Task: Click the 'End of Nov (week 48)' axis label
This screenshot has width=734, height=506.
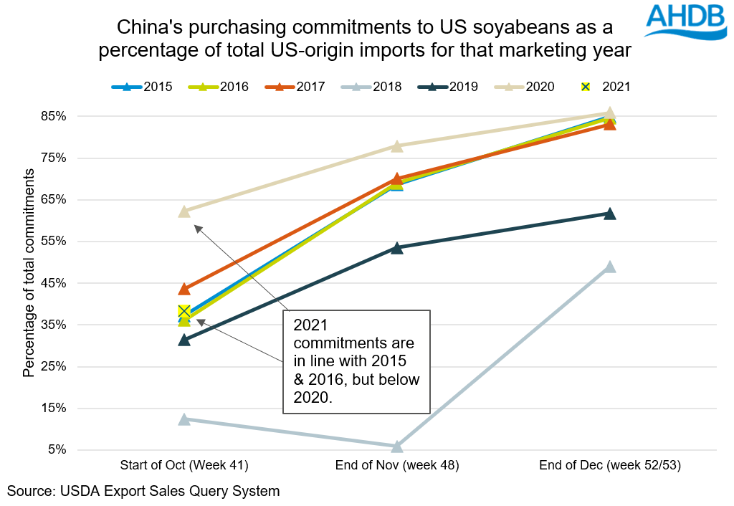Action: coord(396,466)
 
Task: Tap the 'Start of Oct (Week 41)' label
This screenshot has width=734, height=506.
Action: coord(184,466)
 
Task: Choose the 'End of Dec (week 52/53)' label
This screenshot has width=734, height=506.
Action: coord(609,466)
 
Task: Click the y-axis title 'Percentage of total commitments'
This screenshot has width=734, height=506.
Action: coord(29,273)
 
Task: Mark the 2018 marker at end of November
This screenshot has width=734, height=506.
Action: coord(397,446)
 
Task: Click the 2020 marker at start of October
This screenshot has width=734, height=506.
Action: coord(184,211)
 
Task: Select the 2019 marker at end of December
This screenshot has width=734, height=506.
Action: coord(610,214)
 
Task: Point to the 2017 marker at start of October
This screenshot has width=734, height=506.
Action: coord(184,288)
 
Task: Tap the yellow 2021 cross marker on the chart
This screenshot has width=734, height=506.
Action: coord(184,311)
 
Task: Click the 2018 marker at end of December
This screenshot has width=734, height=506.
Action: coord(610,267)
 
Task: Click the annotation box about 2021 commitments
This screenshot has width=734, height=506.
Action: coord(356,361)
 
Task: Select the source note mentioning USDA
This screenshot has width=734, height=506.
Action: coord(143,491)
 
